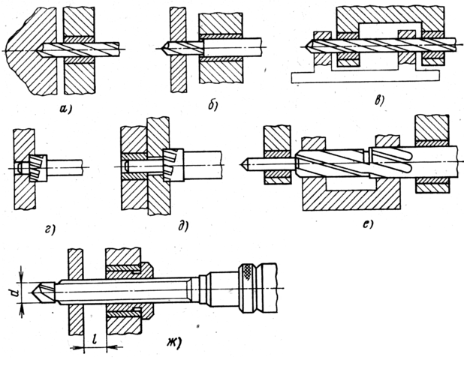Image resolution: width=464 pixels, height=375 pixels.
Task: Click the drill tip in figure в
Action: (308, 44)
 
